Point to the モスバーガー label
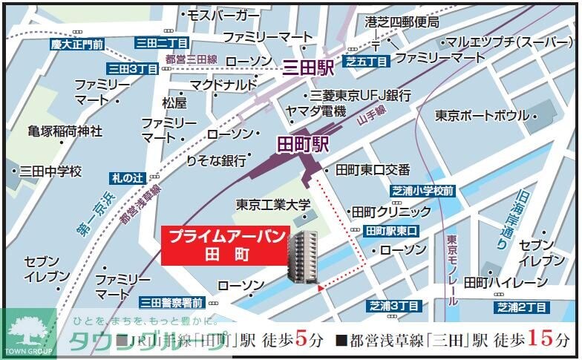click(x=219, y=14)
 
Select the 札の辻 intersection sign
click(x=126, y=177)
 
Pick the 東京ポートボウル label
click(x=482, y=116)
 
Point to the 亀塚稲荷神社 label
click(x=65, y=131)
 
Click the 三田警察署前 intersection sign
click(x=172, y=302)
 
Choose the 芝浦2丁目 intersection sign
click(x=522, y=307)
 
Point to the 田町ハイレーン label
click(x=500, y=282)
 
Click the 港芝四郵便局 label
click(x=402, y=23)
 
